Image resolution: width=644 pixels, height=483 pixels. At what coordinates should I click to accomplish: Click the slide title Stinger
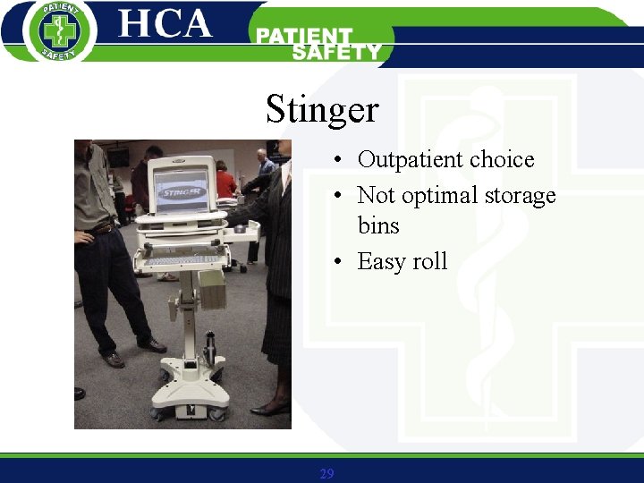322,110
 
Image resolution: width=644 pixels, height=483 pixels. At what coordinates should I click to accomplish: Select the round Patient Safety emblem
60,31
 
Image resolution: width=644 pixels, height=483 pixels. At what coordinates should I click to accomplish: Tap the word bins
378,225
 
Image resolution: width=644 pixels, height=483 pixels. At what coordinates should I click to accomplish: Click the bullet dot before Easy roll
338,262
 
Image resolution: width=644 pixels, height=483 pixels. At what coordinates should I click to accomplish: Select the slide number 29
326,473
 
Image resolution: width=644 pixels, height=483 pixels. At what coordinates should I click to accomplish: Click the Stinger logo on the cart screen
182,190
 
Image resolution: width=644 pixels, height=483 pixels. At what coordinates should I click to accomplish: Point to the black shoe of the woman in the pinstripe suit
270,409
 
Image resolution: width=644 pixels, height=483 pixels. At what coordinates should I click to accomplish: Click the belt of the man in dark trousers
103,229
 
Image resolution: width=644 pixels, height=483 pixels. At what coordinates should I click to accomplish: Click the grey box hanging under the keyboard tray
212,288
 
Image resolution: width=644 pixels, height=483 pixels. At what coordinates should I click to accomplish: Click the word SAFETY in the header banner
335,52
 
